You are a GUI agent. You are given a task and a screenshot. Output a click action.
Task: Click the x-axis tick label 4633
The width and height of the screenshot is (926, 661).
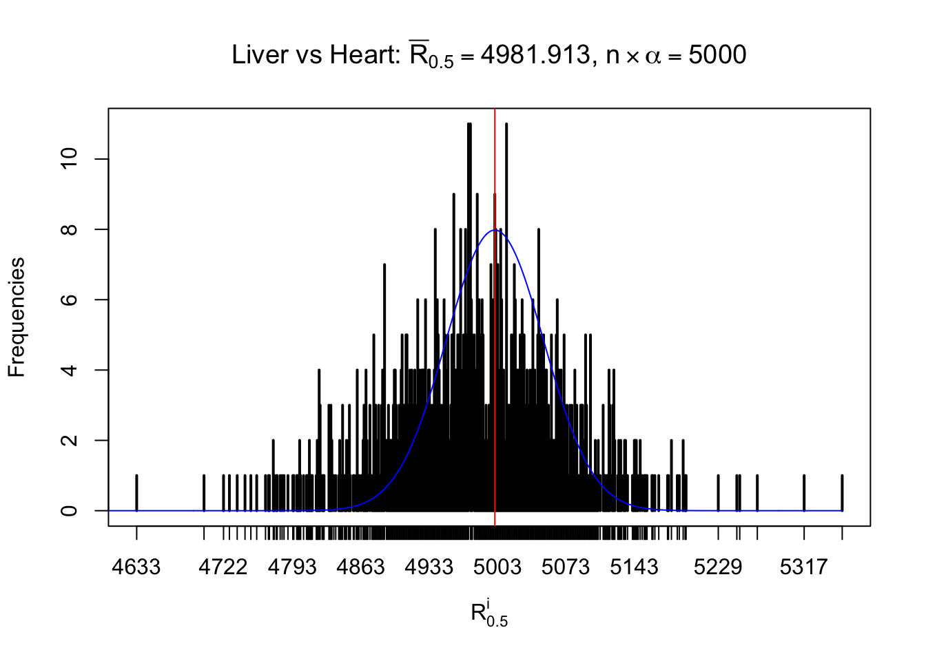click(x=136, y=567)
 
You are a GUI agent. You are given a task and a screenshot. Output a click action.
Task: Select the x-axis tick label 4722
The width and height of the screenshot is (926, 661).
click(x=223, y=567)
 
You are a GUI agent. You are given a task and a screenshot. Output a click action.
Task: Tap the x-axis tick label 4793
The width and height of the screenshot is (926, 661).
click(x=291, y=567)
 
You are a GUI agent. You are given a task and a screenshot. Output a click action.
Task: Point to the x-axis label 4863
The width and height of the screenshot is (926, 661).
click(x=360, y=567)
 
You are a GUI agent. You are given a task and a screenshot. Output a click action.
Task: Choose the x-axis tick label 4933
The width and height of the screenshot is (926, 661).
click(x=429, y=567)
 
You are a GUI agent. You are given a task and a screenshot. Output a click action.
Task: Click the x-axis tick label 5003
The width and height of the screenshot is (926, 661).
click(x=497, y=567)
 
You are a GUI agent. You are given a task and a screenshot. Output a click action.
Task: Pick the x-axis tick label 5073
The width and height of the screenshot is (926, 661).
click(x=566, y=567)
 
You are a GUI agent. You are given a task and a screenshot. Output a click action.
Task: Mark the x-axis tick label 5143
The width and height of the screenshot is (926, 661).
click(x=635, y=567)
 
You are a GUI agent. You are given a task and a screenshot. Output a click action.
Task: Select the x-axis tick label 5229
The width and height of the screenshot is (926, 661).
click(x=718, y=567)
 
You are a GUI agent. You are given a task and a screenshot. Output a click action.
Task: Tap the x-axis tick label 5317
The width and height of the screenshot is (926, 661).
click(x=803, y=567)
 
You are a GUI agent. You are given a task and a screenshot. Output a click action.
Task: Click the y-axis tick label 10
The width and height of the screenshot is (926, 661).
click(x=70, y=159)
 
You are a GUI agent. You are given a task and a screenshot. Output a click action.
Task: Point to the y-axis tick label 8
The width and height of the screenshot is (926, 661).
click(x=70, y=229)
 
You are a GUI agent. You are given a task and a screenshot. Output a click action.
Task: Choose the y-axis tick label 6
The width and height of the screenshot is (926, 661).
click(x=70, y=300)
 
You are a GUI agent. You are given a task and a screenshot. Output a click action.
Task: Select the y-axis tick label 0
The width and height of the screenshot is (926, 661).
click(x=70, y=510)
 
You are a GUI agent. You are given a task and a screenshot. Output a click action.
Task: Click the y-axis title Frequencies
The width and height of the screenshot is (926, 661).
click(x=17, y=317)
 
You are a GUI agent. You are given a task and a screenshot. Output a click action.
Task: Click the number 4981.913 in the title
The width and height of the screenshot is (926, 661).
click(x=535, y=55)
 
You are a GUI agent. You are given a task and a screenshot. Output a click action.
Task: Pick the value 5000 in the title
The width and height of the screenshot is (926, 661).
click(x=717, y=55)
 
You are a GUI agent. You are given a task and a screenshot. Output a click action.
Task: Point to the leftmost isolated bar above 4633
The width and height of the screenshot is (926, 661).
click(x=136, y=493)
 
